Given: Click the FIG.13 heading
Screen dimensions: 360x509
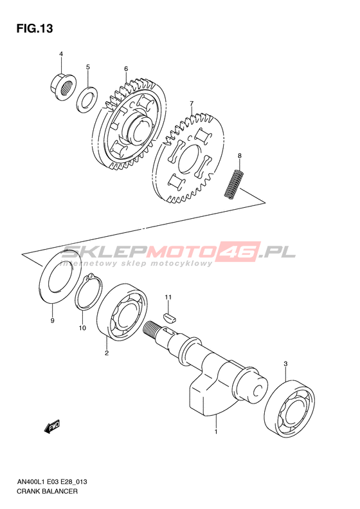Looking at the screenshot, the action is (x=35, y=28).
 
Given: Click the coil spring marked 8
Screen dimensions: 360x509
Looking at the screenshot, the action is (x=234, y=183).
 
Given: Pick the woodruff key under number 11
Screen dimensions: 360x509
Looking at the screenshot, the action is (x=168, y=317).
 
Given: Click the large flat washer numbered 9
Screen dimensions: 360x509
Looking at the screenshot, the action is (x=60, y=277).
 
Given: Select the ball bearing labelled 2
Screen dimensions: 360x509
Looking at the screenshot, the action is (x=122, y=311).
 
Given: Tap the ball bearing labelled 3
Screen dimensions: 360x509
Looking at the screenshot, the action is (x=290, y=408).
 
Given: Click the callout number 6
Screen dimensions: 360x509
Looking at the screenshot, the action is (x=126, y=68).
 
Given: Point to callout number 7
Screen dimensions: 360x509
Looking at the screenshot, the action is (x=192, y=103).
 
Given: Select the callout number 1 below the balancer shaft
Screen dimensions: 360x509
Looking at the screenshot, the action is (x=215, y=432).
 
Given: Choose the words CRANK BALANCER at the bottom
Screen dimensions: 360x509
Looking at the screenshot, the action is (x=48, y=491).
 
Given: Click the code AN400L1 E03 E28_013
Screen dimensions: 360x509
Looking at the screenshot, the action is (x=52, y=482).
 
